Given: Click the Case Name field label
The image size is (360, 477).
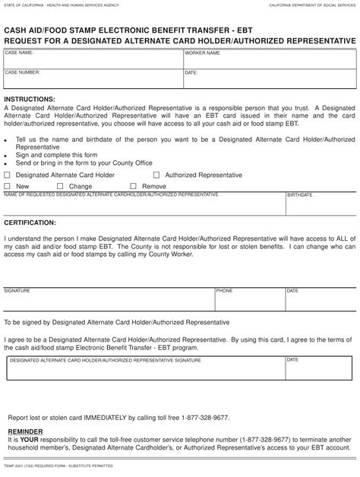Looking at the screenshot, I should (19, 53).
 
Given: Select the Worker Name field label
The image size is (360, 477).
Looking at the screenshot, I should (202, 54).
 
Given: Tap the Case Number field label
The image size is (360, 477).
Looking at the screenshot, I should (22, 72).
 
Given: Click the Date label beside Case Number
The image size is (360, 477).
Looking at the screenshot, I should (191, 73).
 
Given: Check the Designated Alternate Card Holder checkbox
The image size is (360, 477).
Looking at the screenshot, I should (8, 175).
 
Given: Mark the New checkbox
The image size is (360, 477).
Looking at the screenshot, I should (8, 186).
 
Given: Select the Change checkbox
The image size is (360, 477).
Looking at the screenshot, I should (61, 186).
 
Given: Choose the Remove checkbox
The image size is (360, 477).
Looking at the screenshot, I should (134, 186).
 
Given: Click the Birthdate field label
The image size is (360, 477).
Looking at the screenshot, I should (299, 195).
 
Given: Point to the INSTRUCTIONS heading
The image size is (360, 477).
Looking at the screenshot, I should (30, 100).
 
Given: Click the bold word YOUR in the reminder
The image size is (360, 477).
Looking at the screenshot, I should (29, 438).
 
